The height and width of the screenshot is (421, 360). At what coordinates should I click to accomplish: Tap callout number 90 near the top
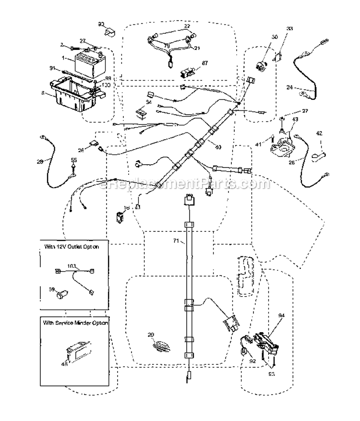coord(101,24)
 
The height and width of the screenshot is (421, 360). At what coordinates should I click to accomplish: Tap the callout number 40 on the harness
coord(218,147)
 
